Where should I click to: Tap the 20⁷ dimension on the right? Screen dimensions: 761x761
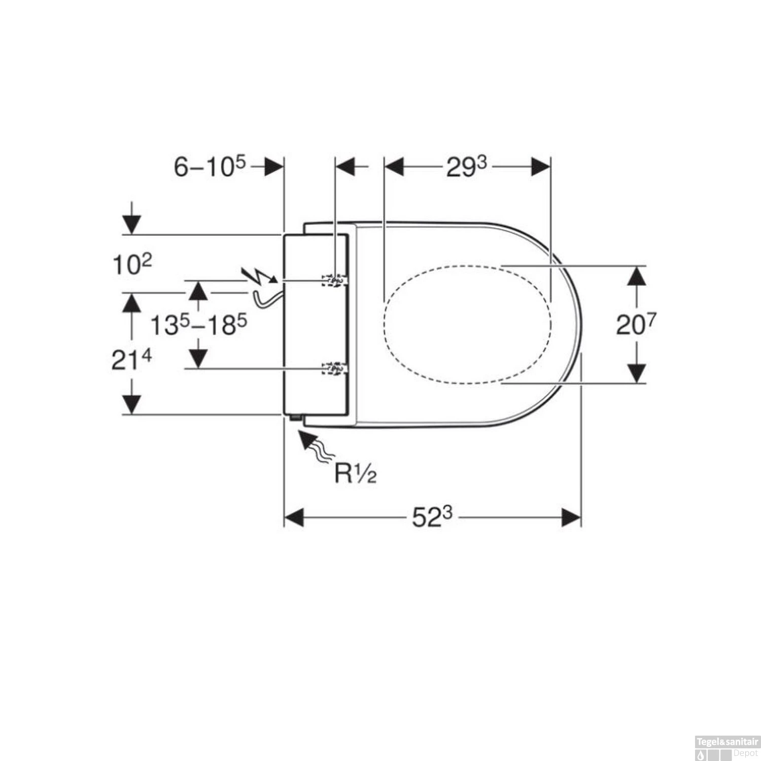[636, 325]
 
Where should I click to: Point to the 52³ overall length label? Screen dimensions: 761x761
[431, 517]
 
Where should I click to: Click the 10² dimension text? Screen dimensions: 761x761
[131, 264]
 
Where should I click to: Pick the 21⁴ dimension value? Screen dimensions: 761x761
[131, 360]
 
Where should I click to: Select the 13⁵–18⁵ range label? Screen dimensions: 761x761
[198, 325]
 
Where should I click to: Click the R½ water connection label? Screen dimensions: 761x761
[355, 473]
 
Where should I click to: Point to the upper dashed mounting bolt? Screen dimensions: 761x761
[334, 280]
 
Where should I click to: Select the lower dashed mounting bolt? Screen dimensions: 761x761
[334, 368]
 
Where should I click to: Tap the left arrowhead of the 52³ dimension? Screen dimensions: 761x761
[294, 518]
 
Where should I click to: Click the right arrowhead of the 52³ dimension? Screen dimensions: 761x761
[571, 518]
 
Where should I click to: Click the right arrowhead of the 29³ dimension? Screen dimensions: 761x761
[541, 166]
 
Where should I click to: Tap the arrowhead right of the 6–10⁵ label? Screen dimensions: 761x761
[273, 166]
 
